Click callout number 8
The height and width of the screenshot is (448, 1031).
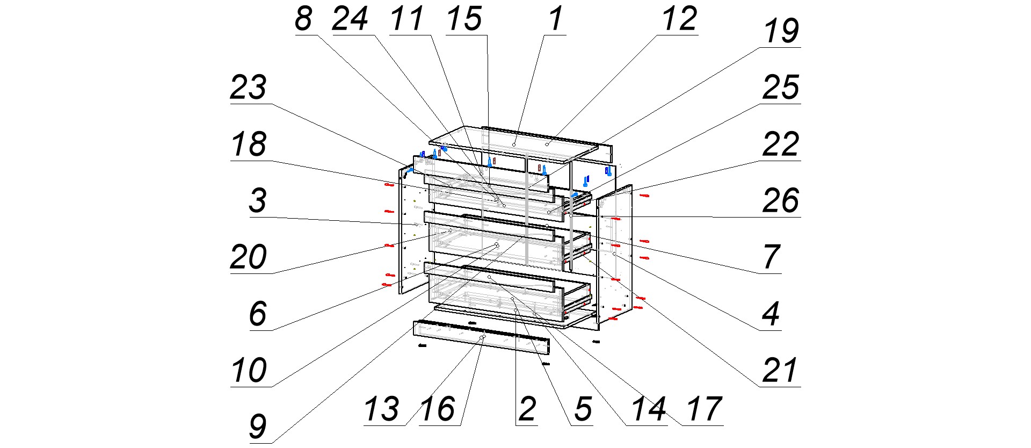point(303,19)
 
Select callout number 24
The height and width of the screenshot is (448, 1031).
point(350,19)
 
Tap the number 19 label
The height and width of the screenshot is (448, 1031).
point(781,31)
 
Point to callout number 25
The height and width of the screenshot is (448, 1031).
point(781,88)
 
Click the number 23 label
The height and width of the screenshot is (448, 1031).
point(248,88)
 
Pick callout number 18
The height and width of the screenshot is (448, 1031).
point(248,144)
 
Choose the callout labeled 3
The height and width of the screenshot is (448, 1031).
point(258,201)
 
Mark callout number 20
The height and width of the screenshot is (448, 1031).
point(248,257)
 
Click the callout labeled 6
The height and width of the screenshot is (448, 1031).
point(258,314)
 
